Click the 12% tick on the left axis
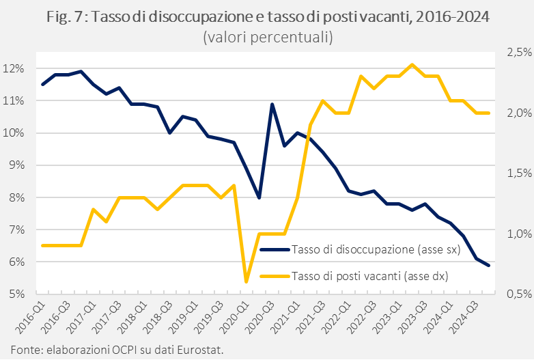tap(14, 68)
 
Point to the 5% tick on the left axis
tap(16, 294)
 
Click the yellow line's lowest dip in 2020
tap(247, 281)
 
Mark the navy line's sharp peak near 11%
tap(272, 105)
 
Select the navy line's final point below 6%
tap(488, 266)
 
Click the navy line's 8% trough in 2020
tap(259, 198)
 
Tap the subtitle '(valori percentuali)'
tap(268, 38)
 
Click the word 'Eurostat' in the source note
tap(201, 350)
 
